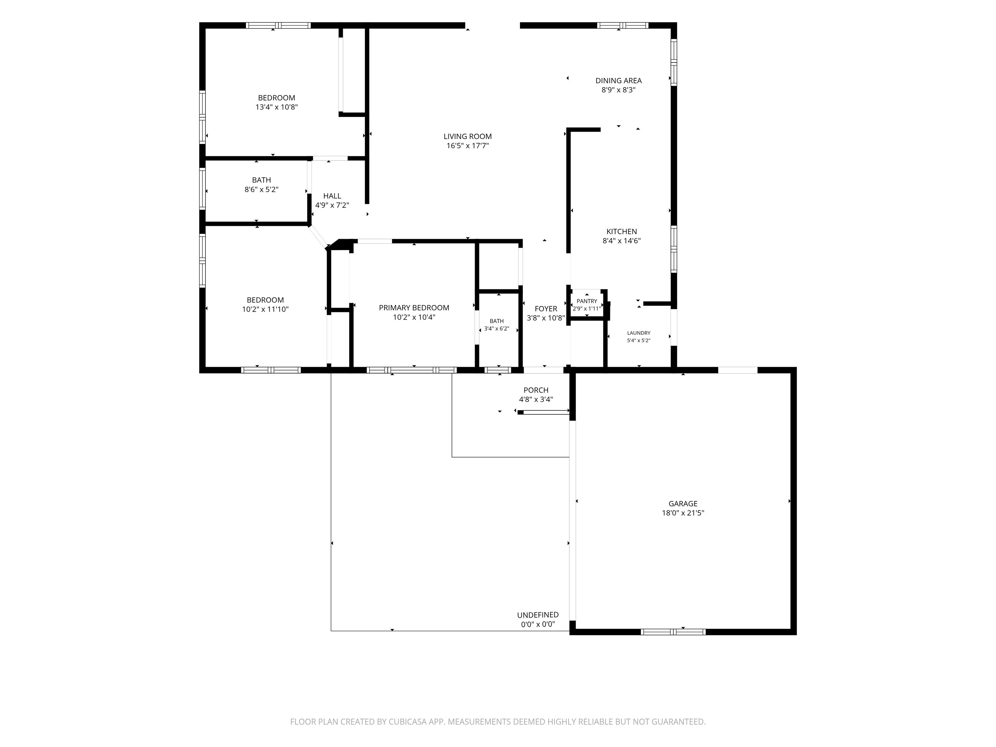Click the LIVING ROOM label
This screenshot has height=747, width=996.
click(x=468, y=136)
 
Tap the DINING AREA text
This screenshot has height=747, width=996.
click(x=618, y=81)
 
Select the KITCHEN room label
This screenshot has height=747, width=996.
click(x=622, y=231)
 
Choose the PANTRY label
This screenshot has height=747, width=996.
click(x=587, y=301)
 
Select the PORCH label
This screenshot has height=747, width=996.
click(x=536, y=390)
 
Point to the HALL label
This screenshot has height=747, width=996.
click(x=332, y=196)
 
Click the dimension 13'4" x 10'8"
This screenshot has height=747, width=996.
click(x=277, y=107)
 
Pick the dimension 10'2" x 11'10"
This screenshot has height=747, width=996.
click(x=265, y=309)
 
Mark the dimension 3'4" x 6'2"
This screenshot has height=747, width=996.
click(x=497, y=329)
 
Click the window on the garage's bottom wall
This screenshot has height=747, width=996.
click(x=673, y=632)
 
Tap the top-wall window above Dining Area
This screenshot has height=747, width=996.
click(x=623, y=25)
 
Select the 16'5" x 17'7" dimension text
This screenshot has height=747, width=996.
click(x=468, y=146)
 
